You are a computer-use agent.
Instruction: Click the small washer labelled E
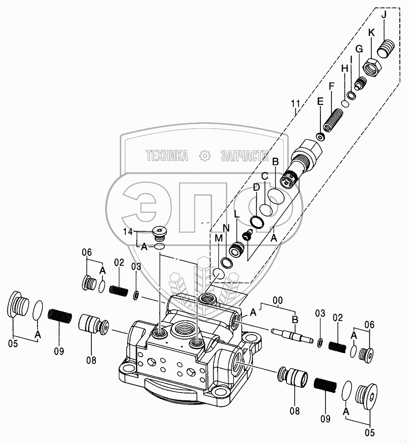point(320,137)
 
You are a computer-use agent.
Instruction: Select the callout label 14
point(128,232)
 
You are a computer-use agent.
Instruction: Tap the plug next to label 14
point(160,234)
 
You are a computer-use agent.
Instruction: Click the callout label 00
point(278,301)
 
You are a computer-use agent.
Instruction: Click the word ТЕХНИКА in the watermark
point(167,156)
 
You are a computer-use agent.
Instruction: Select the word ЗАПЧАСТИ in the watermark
point(244,156)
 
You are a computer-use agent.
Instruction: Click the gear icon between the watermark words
point(204,156)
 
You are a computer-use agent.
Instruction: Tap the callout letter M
point(218,239)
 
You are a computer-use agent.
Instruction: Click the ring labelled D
point(258,222)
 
